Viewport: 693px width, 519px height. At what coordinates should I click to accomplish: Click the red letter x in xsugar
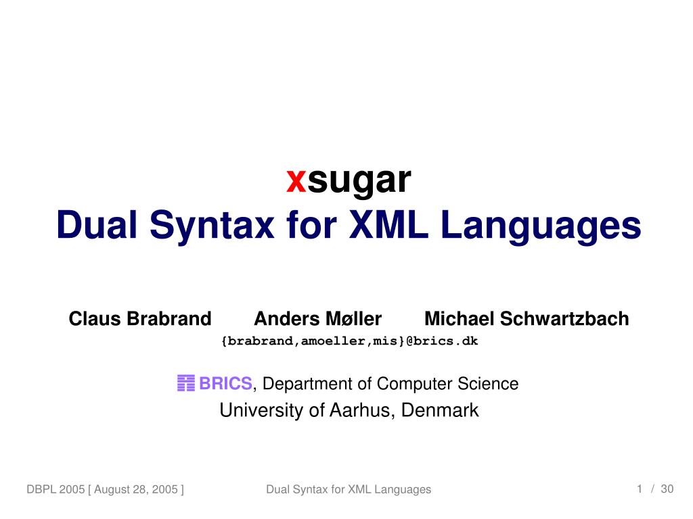point(296,180)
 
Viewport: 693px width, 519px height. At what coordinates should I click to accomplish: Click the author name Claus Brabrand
point(140,319)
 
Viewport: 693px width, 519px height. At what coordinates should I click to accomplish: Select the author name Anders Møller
point(317,319)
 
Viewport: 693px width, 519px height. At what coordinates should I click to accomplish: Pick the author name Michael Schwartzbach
point(527,319)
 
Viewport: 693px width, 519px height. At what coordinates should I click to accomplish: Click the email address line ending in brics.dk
point(349,341)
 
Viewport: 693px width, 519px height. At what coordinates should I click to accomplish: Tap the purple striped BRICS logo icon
point(185,384)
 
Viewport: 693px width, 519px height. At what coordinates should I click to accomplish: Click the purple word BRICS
point(225,384)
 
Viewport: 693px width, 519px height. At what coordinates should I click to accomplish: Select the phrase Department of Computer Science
point(390,384)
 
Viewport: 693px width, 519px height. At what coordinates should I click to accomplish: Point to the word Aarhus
point(360,410)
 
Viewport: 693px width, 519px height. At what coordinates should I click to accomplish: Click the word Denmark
point(440,410)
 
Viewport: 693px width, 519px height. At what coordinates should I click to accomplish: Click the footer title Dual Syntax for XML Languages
point(349,489)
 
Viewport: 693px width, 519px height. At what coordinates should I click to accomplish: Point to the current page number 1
point(639,489)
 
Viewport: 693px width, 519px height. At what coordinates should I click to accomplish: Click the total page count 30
point(667,489)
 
